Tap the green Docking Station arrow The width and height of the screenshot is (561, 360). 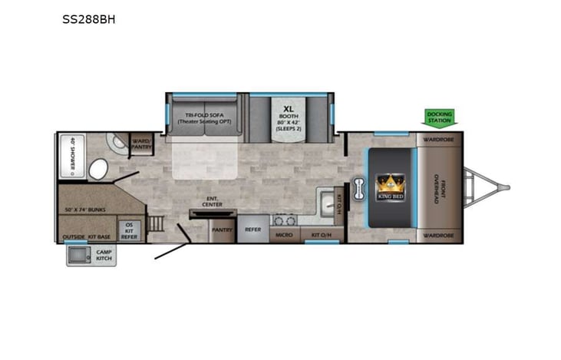tap(441, 117)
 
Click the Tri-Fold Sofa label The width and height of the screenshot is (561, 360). tap(205, 117)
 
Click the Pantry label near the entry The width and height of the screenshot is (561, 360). tap(222, 229)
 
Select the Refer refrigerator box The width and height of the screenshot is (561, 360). tap(252, 229)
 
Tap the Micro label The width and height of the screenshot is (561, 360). tap(283, 233)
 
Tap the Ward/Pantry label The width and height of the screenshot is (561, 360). tap(140, 143)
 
